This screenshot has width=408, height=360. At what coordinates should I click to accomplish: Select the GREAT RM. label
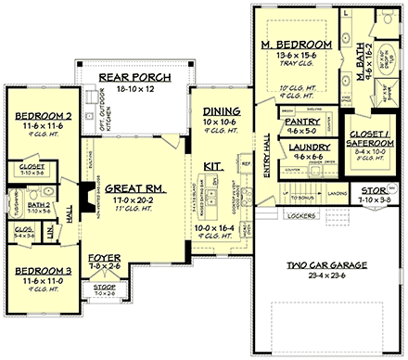(135, 186)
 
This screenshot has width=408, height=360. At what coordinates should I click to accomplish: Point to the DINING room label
(216, 110)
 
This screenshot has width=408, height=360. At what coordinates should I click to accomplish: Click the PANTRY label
(303, 122)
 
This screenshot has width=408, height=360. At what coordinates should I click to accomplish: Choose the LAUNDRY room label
(303, 148)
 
